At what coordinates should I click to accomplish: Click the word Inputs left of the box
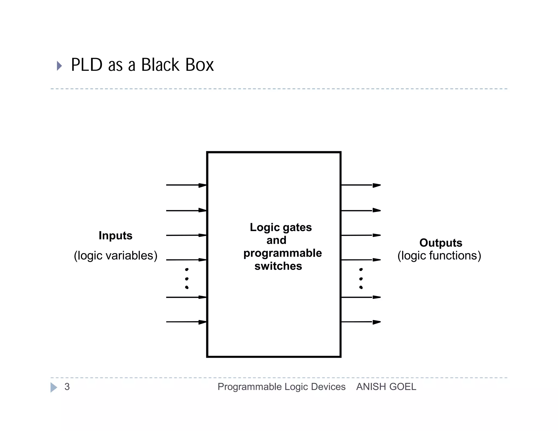click(116, 236)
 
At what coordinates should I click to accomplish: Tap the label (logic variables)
click(116, 256)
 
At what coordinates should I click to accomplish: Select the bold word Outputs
click(441, 243)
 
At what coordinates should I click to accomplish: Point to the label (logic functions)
click(439, 256)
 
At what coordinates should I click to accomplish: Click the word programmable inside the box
click(283, 253)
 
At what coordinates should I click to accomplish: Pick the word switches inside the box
click(278, 266)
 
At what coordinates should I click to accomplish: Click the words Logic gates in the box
click(281, 227)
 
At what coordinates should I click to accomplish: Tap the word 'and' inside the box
click(276, 240)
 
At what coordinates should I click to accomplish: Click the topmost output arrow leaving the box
click(360, 185)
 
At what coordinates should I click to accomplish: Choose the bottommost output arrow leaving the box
click(360, 322)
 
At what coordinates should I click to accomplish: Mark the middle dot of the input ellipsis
click(187, 279)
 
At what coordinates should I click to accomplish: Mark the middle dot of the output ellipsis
click(361, 279)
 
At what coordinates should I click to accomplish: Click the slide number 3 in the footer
click(67, 387)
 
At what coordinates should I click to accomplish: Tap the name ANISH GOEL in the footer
click(386, 387)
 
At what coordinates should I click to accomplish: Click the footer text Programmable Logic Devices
click(281, 387)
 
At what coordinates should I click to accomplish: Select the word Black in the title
click(160, 65)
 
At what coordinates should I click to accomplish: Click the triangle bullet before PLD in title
click(59, 66)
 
